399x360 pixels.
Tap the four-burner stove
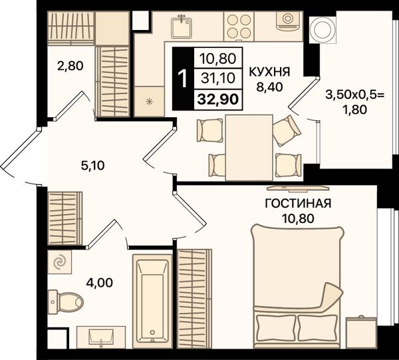[x=239, y=26]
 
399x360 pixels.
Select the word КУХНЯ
[x=269, y=72]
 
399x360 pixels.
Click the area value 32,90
[x=218, y=99]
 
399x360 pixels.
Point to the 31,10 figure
[x=218, y=78]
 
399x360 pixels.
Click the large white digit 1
[x=183, y=79]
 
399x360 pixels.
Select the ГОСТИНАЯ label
[x=298, y=204]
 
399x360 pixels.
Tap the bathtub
[x=151, y=301]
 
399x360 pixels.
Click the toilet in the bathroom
[x=65, y=301]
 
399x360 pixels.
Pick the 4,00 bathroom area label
[x=99, y=283]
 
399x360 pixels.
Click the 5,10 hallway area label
[x=92, y=166]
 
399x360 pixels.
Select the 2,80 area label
[x=70, y=66]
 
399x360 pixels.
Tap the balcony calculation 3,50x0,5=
[x=356, y=96]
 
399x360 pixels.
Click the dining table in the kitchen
[x=249, y=148]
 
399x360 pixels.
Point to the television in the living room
[x=298, y=188]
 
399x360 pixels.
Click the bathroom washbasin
[x=101, y=337]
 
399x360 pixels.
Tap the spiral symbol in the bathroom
[x=61, y=262]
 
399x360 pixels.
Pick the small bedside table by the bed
[x=361, y=331]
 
